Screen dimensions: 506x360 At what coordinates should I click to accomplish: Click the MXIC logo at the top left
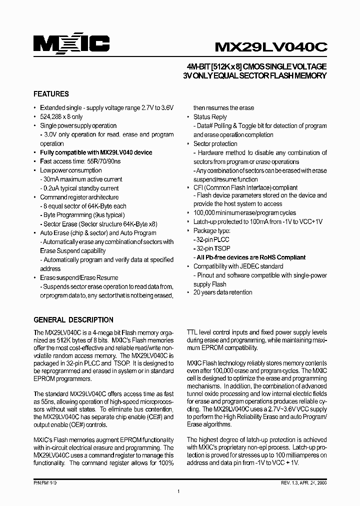[71, 44]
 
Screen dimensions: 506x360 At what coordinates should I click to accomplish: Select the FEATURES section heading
[51, 94]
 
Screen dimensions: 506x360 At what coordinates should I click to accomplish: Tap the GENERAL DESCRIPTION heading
[73, 320]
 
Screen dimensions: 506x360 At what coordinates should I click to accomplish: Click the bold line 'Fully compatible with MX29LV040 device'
[96, 152]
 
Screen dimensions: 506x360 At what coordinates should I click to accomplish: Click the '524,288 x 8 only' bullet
[61, 116]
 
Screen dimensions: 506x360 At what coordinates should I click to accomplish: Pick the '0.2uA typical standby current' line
[81, 188]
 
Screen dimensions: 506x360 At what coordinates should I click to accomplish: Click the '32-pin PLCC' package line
[212, 240]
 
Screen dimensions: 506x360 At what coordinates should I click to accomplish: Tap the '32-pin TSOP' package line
[212, 248]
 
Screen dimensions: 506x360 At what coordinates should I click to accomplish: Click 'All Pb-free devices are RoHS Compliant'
[250, 257]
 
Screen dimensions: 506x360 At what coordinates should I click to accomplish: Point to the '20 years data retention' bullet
[223, 292]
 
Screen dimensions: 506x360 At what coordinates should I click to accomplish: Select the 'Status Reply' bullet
[210, 117]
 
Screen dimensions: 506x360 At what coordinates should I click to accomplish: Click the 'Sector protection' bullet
[215, 144]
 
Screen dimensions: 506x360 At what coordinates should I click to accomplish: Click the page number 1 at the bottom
[178, 492]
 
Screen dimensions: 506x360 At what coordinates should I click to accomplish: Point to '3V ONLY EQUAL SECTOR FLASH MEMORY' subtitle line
[255, 76]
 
